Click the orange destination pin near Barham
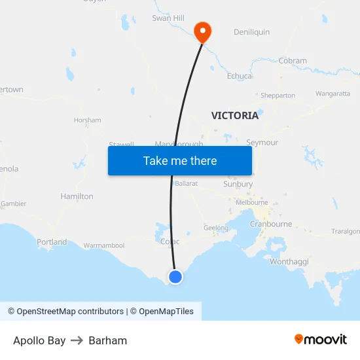point(203,31)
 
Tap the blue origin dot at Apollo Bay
point(175,277)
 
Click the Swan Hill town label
point(168,18)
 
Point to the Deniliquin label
point(251,32)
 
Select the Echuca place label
point(239,76)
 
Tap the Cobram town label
point(293,61)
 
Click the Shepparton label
point(278,96)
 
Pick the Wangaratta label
point(333,94)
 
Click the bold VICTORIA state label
point(234,116)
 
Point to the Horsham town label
point(87,120)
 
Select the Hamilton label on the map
point(77,196)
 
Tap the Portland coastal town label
point(52,242)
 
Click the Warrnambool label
point(103,246)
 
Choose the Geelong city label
point(216,228)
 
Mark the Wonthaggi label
point(289,262)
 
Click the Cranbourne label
point(271,224)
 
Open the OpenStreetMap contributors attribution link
point(65,312)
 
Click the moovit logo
point(320,340)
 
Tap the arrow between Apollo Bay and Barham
point(77,340)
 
